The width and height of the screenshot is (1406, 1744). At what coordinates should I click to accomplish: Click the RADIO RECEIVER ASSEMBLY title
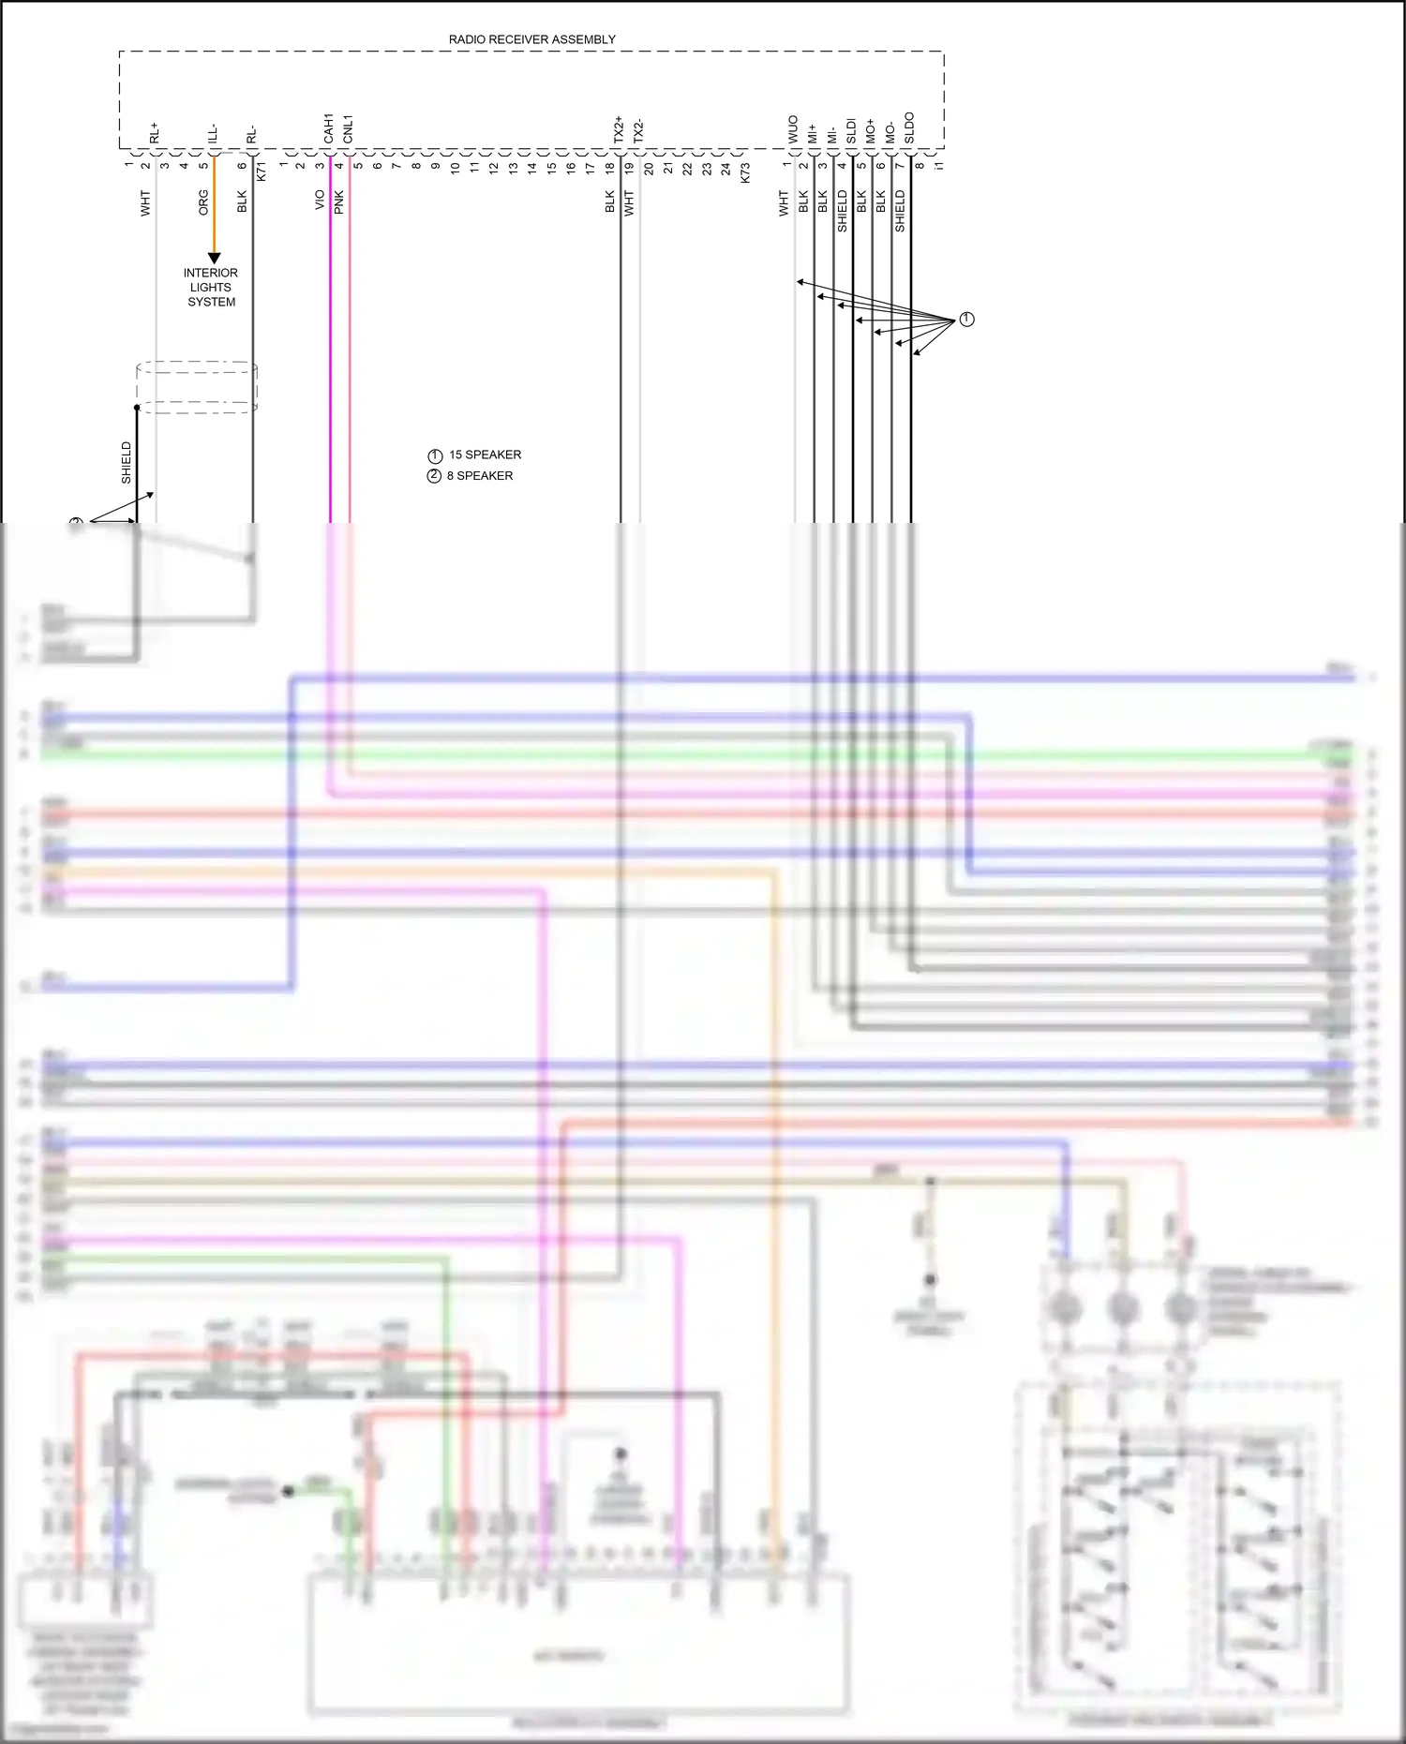[531, 39]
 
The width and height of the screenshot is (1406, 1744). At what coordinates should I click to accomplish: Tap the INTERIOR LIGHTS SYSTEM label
[211, 287]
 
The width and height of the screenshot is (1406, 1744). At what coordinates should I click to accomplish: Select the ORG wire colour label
[203, 202]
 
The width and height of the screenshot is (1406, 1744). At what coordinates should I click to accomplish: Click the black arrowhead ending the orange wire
[214, 258]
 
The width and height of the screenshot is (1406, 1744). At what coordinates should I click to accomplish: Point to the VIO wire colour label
[320, 200]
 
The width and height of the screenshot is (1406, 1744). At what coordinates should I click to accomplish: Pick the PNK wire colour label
[339, 201]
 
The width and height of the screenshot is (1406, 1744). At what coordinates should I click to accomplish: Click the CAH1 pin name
[328, 129]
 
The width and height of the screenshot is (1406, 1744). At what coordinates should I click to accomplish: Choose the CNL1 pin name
[348, 129]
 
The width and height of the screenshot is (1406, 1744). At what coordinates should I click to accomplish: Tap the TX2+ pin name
[619, 130]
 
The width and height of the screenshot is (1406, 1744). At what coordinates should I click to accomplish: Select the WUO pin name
[793, 129]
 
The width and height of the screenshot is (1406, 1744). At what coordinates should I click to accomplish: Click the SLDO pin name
[909, 128]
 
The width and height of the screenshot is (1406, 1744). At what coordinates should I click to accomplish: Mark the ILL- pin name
[213, 133]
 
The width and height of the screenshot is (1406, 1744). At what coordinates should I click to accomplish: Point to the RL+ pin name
[155, 133]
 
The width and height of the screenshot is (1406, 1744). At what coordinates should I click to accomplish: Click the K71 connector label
[262, 171]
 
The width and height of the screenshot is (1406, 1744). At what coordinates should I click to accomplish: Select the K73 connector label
[745, 172]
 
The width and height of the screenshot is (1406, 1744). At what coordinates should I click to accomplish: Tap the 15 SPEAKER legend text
[485, 455]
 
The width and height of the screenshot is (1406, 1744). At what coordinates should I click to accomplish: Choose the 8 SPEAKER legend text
[479, 476]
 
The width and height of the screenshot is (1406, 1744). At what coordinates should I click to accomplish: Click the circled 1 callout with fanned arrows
[966, 320]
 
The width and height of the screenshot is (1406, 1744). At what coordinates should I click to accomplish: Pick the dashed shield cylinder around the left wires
[197, 387]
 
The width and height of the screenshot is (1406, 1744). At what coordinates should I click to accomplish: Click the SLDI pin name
[851, 130]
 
